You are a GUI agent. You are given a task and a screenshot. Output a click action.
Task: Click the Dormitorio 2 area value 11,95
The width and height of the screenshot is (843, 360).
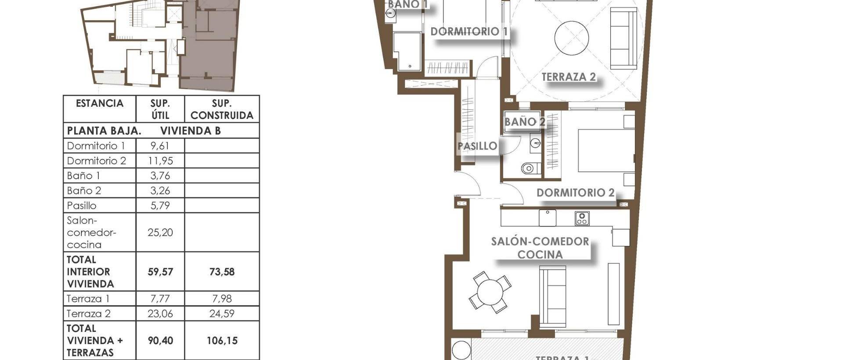pyautogui.click(x=160, y=161)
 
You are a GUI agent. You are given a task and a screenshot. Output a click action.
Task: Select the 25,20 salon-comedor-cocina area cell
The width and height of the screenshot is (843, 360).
pyautogui.click(x=160, y=232)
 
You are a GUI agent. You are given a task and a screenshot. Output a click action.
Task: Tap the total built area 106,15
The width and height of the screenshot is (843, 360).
pyautogui.click(x=222, y=341)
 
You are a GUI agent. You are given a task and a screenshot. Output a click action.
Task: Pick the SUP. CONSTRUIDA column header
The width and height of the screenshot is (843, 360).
pyautogui.click(x=222, y=109)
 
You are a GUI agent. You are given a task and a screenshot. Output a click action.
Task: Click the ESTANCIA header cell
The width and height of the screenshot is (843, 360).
pyautogui.click(x=100, y=104)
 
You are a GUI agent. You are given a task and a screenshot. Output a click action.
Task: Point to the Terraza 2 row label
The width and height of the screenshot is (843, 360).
pyautogui.click(x=89, y=313)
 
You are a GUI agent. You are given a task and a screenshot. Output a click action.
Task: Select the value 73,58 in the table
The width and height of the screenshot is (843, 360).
pyautogui.click(x=222, y=272)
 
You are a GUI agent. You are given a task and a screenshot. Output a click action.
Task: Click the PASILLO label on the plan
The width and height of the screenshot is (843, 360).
pyautogui.click(x=477, y=146)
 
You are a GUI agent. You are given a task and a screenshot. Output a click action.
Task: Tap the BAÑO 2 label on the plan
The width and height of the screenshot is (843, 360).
pyautogui.click(x=525, y=122)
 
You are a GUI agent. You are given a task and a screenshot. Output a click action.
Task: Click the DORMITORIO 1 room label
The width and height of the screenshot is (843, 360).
pyautogui.click(x=469, y=32)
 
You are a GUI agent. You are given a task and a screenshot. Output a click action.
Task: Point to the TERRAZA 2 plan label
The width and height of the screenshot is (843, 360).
pyautogui.click(x=569, y=77)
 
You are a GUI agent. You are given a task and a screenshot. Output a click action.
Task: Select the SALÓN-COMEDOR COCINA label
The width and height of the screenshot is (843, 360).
pyautogui.click(x=540, y=248)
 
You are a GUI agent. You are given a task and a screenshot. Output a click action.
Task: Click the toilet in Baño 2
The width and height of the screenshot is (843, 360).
pyautogui.click(x=529, y=168)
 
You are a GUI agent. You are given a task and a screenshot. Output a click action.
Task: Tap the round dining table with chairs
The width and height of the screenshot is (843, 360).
pyautogui.click(x=490, y=292)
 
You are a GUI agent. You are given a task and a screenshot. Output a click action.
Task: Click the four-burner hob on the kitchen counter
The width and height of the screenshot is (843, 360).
pyautogui.click(x=582, y=218)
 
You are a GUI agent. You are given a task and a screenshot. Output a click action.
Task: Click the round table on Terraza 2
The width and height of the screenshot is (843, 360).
pyautogui.click(x=571, y=38)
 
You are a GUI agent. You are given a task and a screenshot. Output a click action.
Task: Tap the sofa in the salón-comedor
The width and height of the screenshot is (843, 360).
pyautogui.click(x=552, y=296)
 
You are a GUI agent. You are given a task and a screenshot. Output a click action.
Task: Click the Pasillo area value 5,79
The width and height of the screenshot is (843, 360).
pyautogui.click(x=160, y=205)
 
